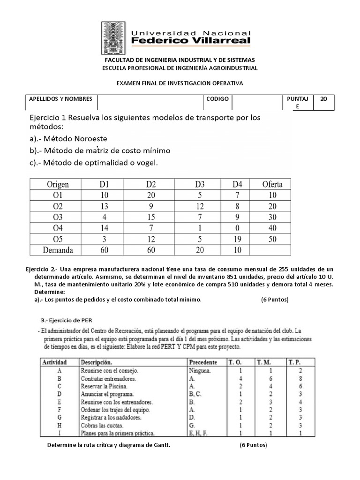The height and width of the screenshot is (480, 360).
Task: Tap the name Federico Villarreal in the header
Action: [191, 41]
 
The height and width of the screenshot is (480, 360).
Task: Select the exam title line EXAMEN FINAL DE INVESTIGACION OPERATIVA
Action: [180, 83]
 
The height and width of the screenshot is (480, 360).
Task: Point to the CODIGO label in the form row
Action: [217, 99]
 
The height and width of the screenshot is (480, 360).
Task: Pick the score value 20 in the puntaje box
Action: [323, 99]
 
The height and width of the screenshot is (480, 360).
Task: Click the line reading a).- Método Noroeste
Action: [69, 139]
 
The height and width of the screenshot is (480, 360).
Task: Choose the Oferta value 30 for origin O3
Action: [272, 217]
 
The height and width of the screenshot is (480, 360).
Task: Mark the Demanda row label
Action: [58, 250]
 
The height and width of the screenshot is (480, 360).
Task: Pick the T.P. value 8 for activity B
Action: [293, 379]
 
